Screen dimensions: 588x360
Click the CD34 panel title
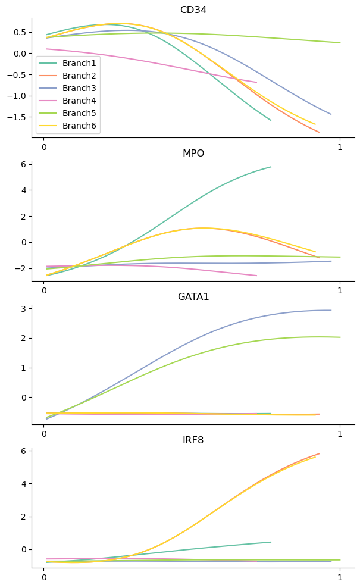click(193, 10)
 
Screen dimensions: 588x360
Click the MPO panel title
click(193, 154)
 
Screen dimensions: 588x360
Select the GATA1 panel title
click(193, 297)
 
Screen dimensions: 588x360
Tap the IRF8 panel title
click(193, 440)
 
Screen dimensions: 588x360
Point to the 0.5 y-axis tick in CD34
click(21, 32)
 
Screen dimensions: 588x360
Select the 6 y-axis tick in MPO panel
click(24, 164)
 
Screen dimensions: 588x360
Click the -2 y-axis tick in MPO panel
click(22, 268)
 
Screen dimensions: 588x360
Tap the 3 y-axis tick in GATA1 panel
click(24, 308)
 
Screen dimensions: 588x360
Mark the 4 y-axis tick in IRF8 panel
click(24, 484)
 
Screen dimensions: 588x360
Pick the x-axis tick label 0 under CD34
click(43, 147)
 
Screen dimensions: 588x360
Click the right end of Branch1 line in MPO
click(271, 167)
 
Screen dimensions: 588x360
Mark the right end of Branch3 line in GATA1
click(331, 310)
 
